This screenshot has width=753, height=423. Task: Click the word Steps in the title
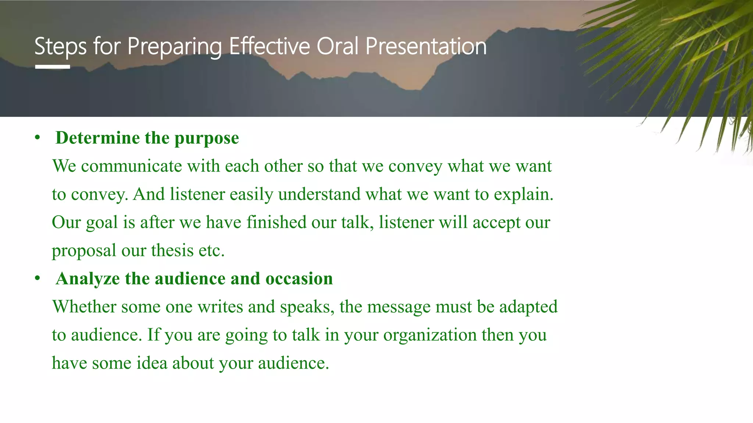click(60, 47)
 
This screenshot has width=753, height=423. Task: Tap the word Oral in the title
click(338, 46)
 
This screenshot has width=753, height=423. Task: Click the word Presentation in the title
click(426, 46)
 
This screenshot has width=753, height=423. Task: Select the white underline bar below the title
click(53, 67)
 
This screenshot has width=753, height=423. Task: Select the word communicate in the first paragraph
click(131, 166)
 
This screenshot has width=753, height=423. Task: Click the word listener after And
click(197, 194)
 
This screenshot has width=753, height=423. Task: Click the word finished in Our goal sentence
click(276, 223)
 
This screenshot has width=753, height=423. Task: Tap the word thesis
click(172, 250)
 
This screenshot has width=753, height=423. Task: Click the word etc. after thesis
click(211, 251)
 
